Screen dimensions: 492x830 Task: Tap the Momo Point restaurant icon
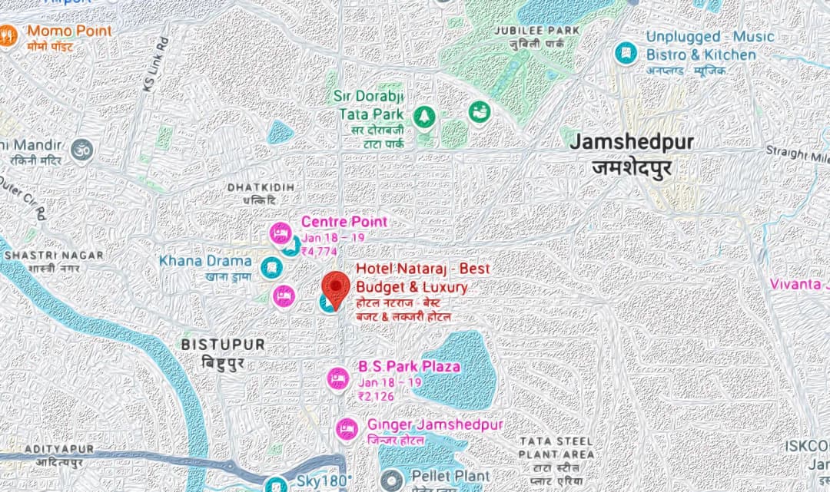pyautogui.click(x=8, y=36)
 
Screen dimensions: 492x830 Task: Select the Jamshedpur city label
pyautogui.click(x=632, y=143)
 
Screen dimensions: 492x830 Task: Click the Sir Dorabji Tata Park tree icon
pyautogui.click(x=423, y=117)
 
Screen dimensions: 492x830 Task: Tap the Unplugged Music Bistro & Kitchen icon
pyautogui.click(x=626, y=52)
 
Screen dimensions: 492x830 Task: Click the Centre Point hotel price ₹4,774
pyautogui.click(x=319, y=251)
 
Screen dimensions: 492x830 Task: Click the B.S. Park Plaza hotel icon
pyautogui.click(x=337, y=378)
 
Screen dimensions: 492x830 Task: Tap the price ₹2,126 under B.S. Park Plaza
pyautogui.click(x=376, y=396)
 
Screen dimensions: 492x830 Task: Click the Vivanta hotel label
pyautogui.click(x=799, y=284)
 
